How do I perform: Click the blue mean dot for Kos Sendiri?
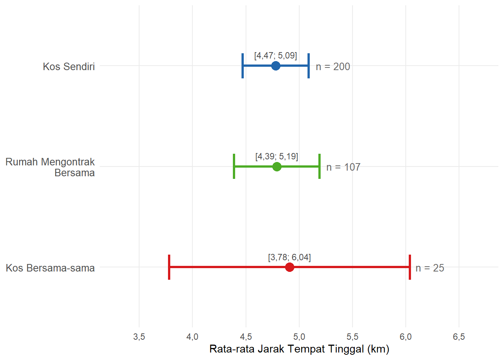276,66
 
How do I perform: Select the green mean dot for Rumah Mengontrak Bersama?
277,166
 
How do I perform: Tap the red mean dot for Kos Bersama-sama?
289,267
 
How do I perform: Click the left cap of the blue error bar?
243,66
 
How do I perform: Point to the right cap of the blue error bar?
309,66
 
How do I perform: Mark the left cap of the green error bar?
234,166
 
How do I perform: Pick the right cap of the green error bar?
319,166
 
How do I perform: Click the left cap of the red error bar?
169,267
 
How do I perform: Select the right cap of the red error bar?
410,267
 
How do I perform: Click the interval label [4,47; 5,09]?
276,55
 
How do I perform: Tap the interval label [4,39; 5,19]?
277,156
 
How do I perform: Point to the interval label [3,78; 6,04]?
289,257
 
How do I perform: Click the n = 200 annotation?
333,67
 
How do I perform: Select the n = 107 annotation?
343,167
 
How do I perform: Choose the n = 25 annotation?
430,268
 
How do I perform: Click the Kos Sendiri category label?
69,67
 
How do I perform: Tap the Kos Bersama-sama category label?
50,268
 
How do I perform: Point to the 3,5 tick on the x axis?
139,337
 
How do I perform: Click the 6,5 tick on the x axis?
459,337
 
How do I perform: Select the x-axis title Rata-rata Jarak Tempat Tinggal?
299,349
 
